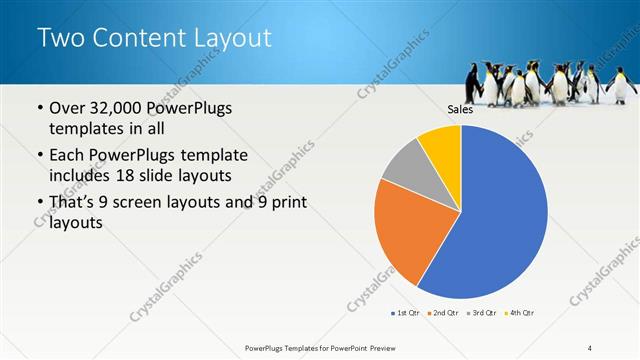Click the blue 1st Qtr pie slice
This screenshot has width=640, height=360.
(500, 220)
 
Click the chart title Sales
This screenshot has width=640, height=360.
(460, 110)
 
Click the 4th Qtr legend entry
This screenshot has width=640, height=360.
(520, 314)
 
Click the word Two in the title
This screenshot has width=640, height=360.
(59, 39)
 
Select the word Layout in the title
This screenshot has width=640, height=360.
(231, 39)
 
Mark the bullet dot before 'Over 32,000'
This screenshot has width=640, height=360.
(39, 108)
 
